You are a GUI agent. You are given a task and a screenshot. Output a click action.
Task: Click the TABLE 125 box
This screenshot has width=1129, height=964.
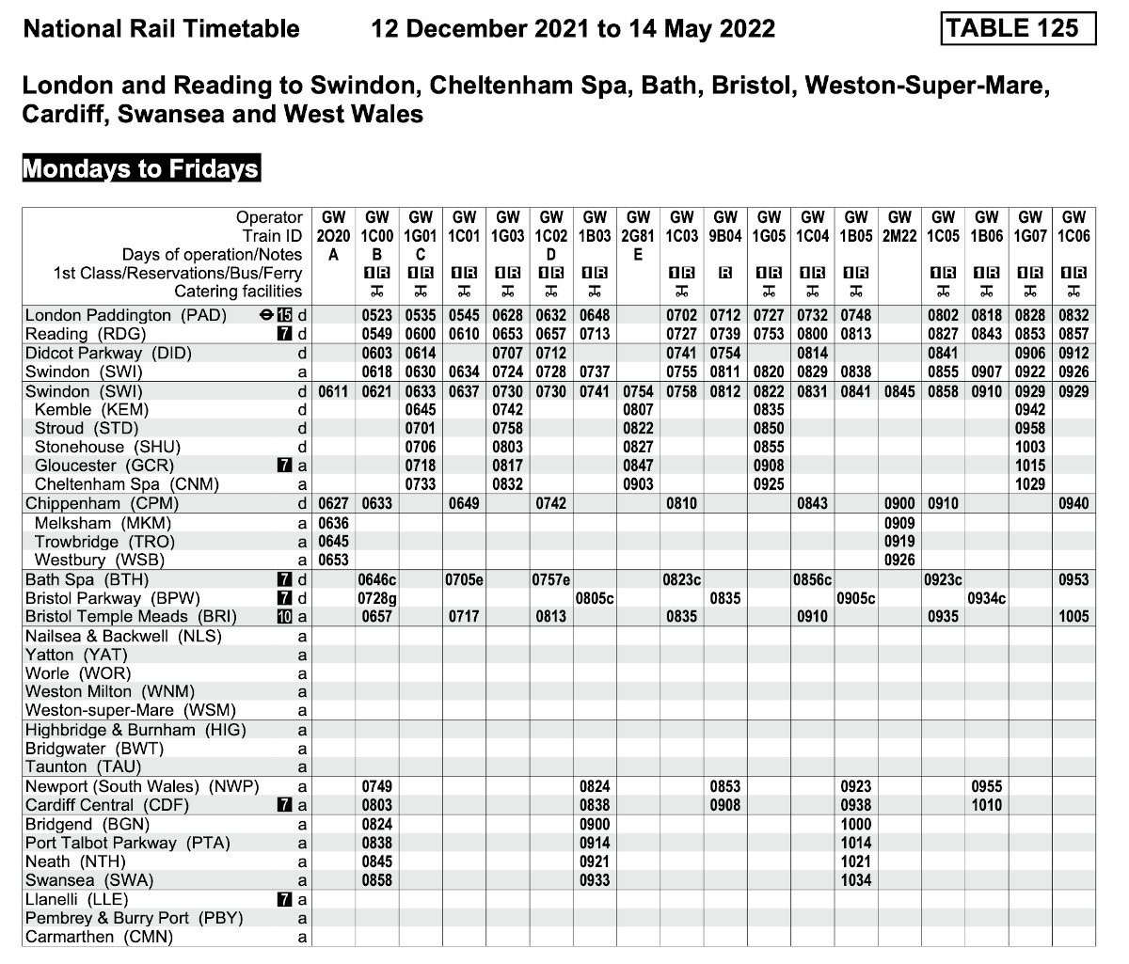(1018, 28)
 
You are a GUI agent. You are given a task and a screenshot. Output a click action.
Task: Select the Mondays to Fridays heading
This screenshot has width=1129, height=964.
(140, 169)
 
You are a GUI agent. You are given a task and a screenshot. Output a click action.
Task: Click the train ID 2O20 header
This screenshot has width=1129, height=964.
(333, 236)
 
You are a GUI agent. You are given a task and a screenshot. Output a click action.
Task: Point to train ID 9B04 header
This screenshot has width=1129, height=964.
(725, 236)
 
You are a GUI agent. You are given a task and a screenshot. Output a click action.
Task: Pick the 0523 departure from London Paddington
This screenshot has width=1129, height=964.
(376, 316)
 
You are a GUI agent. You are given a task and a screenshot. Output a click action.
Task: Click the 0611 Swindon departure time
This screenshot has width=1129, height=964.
(333, 391)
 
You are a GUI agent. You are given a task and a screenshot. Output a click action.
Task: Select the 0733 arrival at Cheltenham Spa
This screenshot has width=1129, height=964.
(421, 485)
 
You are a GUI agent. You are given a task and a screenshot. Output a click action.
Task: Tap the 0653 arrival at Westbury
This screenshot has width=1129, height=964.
(333, 561)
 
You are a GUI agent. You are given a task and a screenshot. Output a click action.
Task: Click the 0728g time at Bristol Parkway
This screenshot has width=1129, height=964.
(376, 598)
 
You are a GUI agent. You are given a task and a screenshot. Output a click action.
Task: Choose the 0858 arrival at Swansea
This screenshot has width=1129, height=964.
(376, 880)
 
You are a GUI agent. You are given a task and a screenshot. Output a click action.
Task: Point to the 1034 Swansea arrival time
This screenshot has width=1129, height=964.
(856, 880)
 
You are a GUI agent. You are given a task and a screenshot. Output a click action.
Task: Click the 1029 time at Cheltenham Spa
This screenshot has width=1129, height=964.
(1030, 485)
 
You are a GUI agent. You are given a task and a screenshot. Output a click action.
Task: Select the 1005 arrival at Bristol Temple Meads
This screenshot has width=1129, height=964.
(1073, 617)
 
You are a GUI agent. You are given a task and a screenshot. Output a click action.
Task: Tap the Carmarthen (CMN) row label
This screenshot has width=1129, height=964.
(100, 937)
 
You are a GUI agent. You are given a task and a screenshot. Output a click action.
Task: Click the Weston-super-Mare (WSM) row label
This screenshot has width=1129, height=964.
(131, 711)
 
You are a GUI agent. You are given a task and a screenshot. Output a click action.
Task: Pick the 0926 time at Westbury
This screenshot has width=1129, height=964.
(899, 561)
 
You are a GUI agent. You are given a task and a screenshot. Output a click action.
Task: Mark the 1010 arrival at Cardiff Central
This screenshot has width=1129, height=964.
(987, 805)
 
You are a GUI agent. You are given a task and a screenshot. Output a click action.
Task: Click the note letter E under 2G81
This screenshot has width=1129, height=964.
(638, 254)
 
